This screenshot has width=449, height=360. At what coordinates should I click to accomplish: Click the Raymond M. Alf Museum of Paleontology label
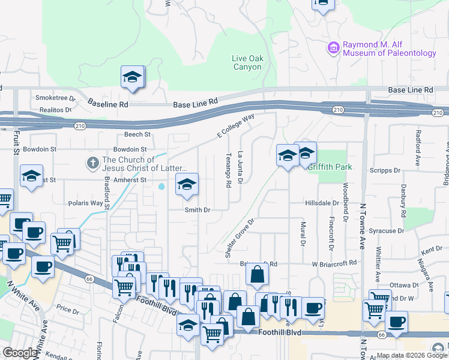pos(389,49)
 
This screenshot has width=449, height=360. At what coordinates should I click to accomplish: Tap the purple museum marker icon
pos(334,47)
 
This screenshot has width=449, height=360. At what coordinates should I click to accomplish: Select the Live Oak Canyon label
pos(247,62)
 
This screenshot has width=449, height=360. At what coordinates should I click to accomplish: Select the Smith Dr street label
pos(197,210)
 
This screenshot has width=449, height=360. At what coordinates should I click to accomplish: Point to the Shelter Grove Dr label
pos(240,238)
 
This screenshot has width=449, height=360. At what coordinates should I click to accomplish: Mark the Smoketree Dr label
pos(55,97)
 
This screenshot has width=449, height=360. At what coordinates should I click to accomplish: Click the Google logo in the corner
pos(20,352)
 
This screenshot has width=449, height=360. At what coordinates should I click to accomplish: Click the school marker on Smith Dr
pos(187,185)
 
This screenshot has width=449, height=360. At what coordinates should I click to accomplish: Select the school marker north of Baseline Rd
pos(132,77)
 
